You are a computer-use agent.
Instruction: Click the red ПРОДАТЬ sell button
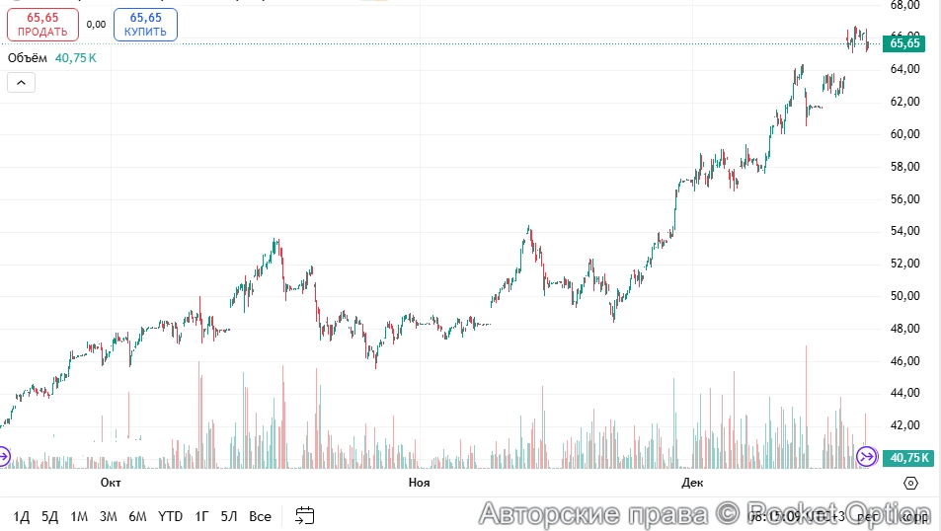coord(42,25)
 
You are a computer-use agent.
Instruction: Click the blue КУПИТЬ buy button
coord(145,25)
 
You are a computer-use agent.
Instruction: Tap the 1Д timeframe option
coord(22,516)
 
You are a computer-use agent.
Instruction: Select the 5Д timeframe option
coord(50,516)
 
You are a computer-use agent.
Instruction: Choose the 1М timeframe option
coord(79,516)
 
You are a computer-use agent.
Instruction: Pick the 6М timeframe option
coord(137,516)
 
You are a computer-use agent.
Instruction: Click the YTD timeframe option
coord(171,516)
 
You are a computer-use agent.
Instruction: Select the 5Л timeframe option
coord(229,516)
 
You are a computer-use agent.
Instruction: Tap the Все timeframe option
coord(260,516)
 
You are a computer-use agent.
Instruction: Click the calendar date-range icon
coord(305,515)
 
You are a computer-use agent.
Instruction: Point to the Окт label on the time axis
coord(111,483)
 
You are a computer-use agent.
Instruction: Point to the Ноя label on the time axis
coord(419,483)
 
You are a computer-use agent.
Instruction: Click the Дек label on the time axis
coord(692,483)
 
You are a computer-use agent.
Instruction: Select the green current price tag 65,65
coord(903,43)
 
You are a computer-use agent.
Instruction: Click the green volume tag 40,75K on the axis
coord(908,458)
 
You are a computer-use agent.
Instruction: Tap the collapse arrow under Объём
coord(21,83)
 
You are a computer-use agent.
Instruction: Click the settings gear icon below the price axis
coord(910,483)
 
